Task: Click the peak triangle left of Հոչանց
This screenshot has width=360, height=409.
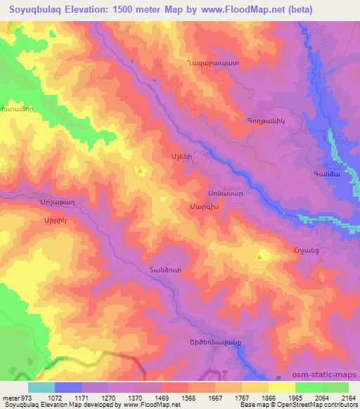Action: click(259, 257)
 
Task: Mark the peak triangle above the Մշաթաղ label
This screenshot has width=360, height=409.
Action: click(141, 170)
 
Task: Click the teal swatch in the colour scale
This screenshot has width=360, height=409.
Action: click(41, 387)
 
